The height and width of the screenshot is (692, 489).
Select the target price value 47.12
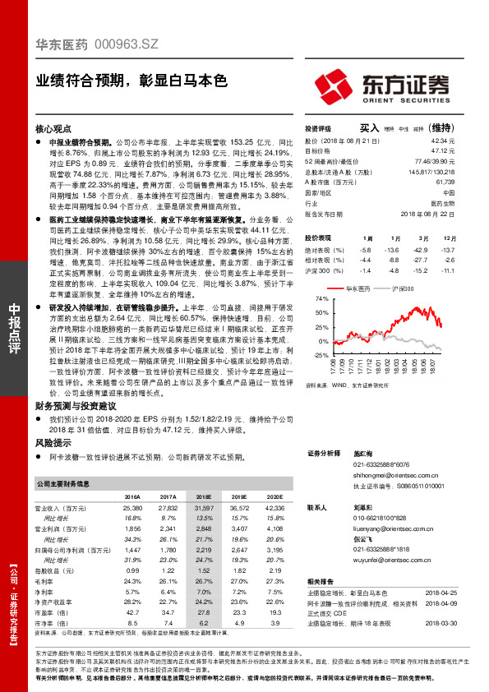[x=444, y=150]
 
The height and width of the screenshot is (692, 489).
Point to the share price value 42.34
[x=444, y=141]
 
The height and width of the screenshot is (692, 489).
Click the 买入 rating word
[x=369, y=129]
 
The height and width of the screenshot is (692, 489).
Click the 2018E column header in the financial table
[x=204, y=497]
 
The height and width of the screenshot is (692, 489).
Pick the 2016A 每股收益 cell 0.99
[x=132, y=570]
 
